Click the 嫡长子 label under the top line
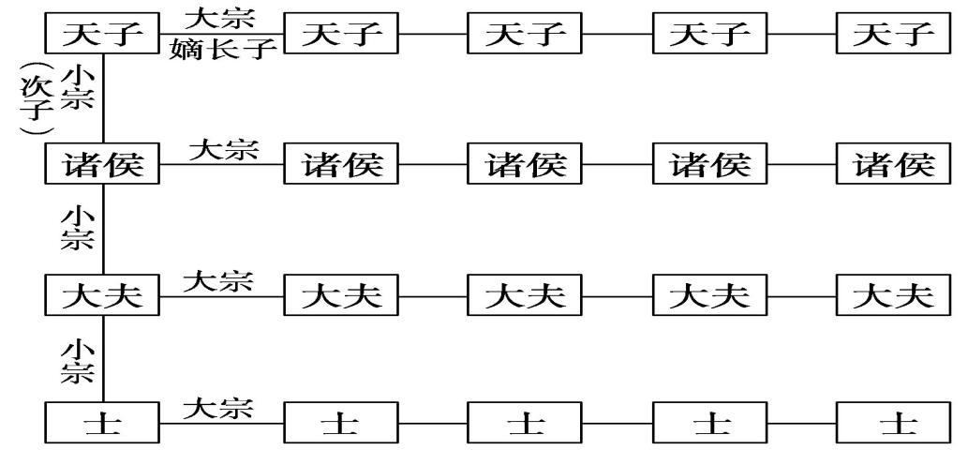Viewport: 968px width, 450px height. tap(223, 50)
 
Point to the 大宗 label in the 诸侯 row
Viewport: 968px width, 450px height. tap(223, 150)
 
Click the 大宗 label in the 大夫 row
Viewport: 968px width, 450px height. tap(217, 280)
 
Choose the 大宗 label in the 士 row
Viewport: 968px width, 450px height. tap(217, 409)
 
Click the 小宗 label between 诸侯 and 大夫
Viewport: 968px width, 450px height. tap(77, 228)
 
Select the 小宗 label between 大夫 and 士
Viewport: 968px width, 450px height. tap(77, 360)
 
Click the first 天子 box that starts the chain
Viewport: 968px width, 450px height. tap(103, 36)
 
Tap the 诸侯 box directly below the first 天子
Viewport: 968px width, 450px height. tap(103, 167)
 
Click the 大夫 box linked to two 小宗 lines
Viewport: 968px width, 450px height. tap(103, 297)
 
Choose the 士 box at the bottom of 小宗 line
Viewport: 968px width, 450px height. tap(103, 425)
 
